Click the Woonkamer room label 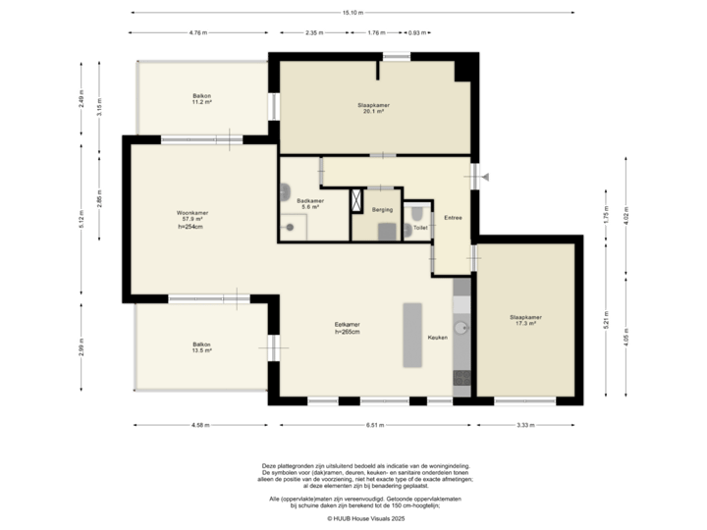[190, 217]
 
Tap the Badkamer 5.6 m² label [310, 203]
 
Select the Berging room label [382, 210]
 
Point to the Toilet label [420, 227]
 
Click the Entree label [453, 217]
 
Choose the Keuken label [437, 338]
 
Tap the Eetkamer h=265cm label [349, 328]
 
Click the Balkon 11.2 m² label [202, 98]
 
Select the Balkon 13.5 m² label [202, 346]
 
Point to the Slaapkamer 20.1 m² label [370, 108]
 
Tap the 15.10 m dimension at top [353, 13]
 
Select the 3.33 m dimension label [525, 425]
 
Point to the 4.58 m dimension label [200, 425]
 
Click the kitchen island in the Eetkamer [412, 335]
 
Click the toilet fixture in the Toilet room [417, 212]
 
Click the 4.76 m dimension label [199, 32]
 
